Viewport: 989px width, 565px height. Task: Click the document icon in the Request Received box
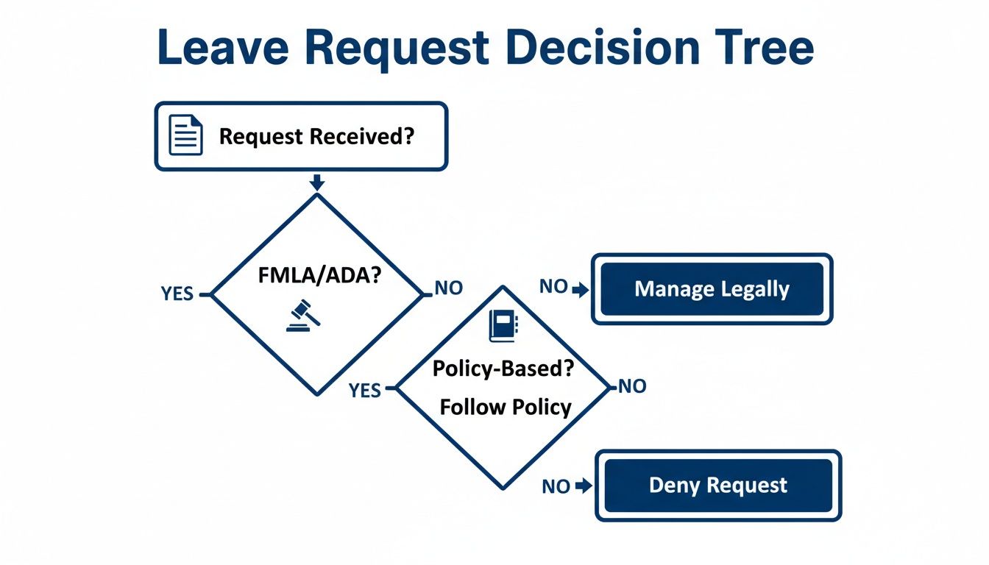[x=185, y=136]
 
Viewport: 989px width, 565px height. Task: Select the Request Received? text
[x=316, y=136]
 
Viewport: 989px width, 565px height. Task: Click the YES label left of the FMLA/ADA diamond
[x=177, y=294]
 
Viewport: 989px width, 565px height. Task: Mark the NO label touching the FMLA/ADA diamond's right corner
[x=448, y=288]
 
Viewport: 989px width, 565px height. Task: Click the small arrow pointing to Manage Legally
[x=581, y=290]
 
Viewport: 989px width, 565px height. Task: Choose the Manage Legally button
[x=712, y=289]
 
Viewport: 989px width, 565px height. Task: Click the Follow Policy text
[x=505, y=407]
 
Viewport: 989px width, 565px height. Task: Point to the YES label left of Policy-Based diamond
[x=365, y=390]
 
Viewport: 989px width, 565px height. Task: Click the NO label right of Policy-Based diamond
[x=631, y=386]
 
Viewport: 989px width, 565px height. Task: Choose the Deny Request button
[x=717, y=486]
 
